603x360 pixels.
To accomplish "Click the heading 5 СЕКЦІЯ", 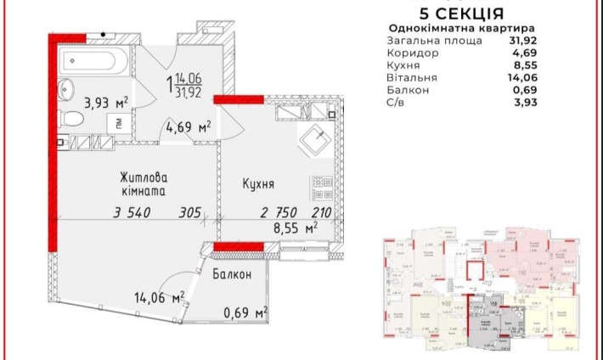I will coord(462,14).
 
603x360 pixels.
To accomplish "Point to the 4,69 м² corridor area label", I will coord(188,128).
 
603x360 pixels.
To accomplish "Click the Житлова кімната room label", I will coord(143,186).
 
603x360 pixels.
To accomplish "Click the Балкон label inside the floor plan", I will coord(232,275).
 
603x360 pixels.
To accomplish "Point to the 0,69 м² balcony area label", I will coord(245,314).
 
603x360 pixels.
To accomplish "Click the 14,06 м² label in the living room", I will coord(160,297).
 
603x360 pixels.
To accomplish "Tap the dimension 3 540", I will coord(132,213).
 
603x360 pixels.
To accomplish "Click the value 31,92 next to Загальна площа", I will coord(525,40).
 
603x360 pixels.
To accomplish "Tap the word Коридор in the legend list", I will coord(414,53).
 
